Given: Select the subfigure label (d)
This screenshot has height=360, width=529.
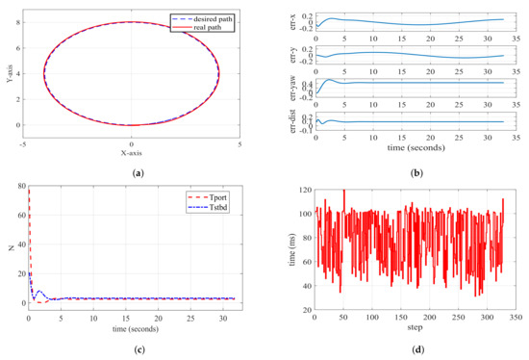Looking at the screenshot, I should (x=405, y=348).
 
